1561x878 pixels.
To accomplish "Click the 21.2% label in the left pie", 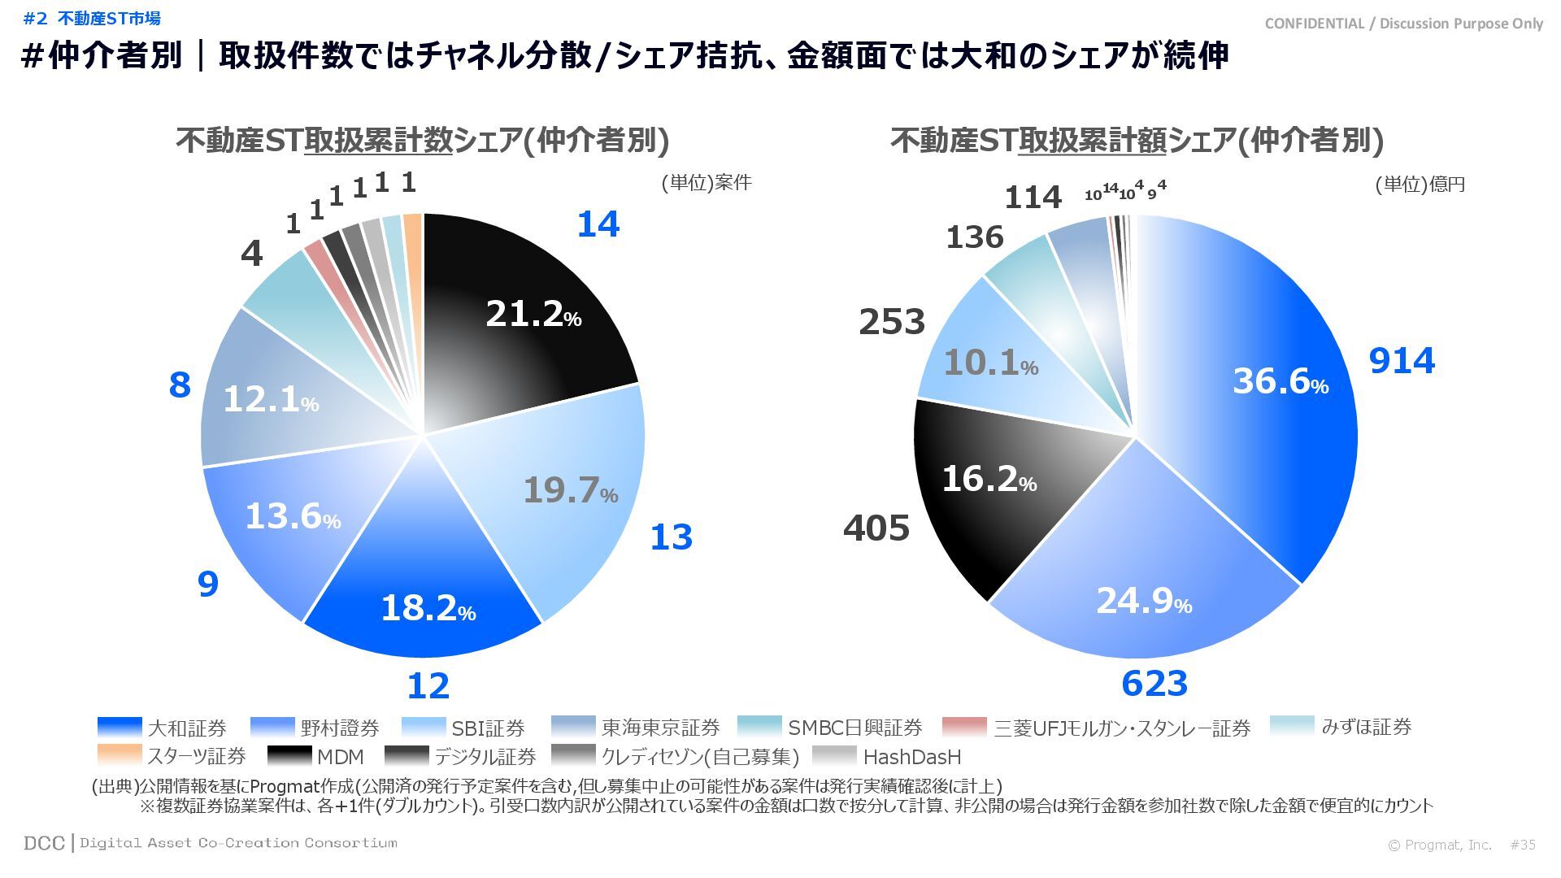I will click(533, 314).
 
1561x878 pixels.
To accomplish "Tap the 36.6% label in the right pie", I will click(1281, 380).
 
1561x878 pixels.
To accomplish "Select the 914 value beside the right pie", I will click(1402, 360).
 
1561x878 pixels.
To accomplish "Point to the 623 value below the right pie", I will click(1154, 684).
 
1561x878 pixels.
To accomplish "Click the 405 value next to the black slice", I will click(876, 528).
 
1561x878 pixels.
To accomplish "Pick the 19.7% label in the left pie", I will click(570, 490).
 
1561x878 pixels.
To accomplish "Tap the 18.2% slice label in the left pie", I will click(428, 608).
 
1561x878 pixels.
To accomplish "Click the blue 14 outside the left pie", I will click(598, 224).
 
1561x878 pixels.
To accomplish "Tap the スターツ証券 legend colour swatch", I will click(119, 755).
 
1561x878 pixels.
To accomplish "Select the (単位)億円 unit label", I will click(1420, 185).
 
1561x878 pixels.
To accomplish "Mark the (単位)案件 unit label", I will click(706, 183).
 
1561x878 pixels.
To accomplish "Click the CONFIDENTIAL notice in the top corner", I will click(1403, 24).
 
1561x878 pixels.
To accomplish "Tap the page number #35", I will click(1522, 845).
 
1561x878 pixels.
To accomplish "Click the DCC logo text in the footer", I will click(44, 843).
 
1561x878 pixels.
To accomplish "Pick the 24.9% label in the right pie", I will click(1143, 602).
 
